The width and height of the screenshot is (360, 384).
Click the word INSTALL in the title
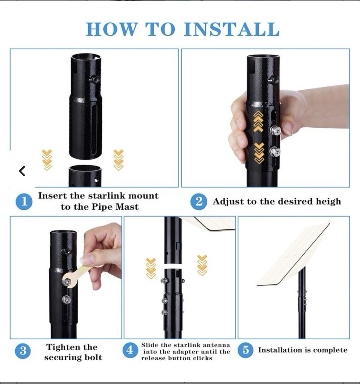[x=231, y=29]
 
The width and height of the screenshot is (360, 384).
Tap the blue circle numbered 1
[x=24, y=202]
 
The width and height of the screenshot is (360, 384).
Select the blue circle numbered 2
[x=199, y=202]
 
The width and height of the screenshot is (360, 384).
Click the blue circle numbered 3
[x=23, y=351]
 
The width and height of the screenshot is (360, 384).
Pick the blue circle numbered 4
[x=130, y=350]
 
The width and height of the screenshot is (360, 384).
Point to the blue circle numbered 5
[x=245, y=350]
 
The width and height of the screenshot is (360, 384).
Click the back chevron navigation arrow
[x=22, y=171]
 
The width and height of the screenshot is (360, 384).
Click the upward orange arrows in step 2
[x=258, y=122]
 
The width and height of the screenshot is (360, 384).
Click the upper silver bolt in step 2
[x=275, y=130]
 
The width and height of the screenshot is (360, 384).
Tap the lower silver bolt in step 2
[x=275, y=152]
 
